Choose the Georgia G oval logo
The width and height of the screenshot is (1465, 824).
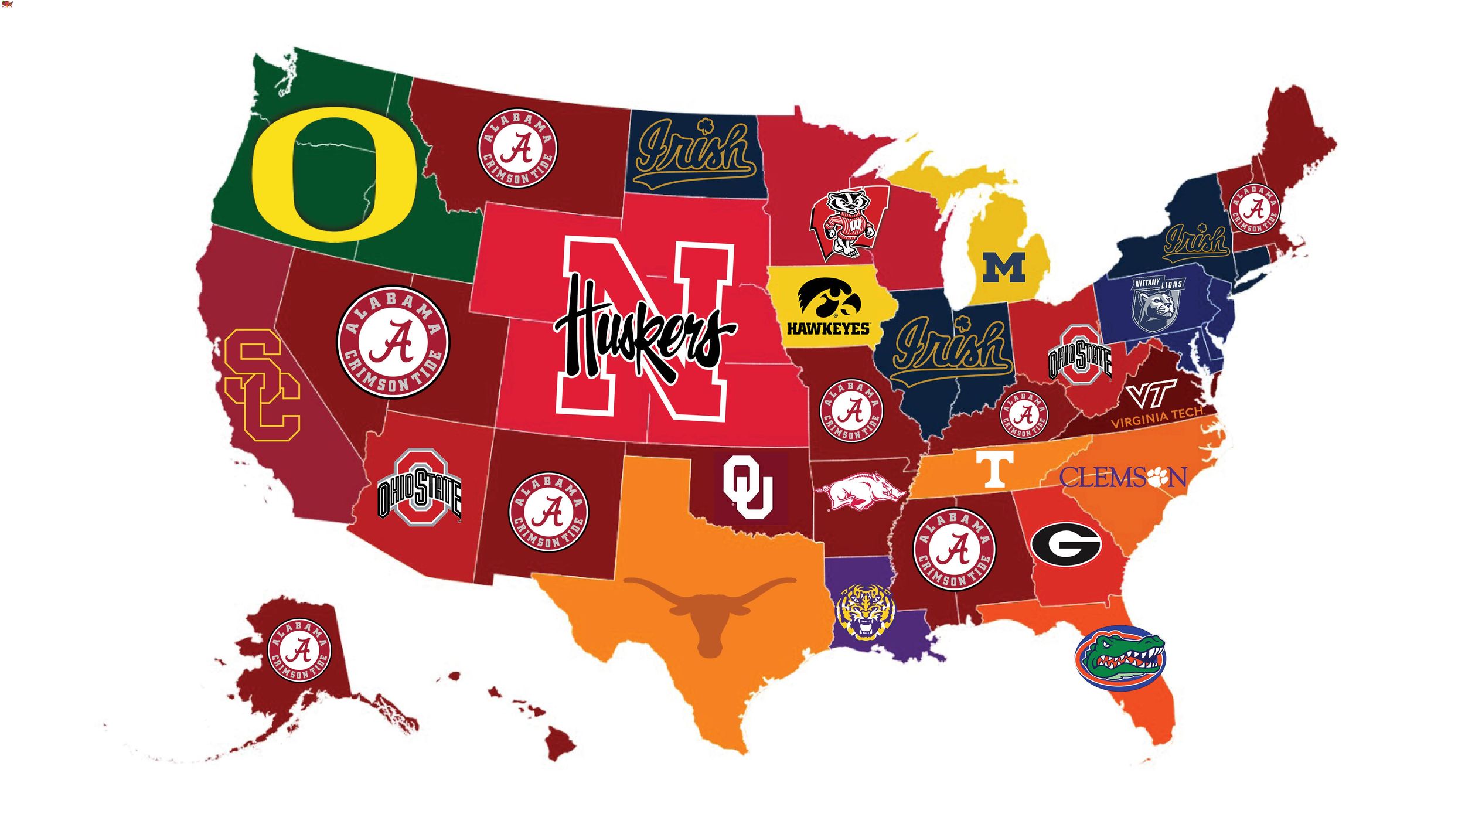1065,544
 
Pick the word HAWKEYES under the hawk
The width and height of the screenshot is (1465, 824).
828,328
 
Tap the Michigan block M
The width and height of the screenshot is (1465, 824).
1004,268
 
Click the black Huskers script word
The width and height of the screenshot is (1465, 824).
642,331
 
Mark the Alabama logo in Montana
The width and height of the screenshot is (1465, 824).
517,148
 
